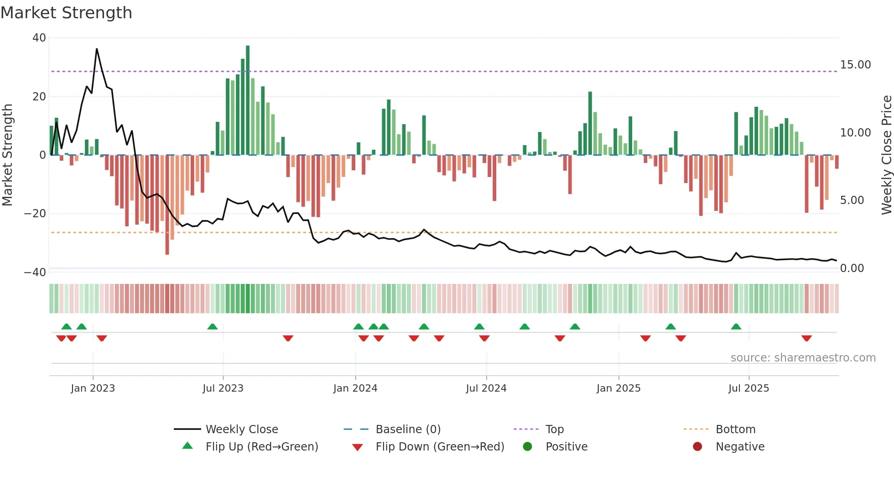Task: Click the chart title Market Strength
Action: (x=66, y=13)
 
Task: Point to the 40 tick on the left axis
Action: (x=39, y=38)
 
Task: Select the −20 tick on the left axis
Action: (x=35, y=214)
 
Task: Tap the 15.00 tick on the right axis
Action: (x=855, y=65)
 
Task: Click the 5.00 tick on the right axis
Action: (x=852, y=200)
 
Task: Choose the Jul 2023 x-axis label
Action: (x=223, y=388)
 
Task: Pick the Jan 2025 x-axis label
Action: (x=619, y=388)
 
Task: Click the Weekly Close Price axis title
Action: (x=886, y=155)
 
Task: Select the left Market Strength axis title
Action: (x=7, y=155)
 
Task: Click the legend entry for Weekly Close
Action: (x=241, y=430)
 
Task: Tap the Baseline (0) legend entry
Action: (x=408, y=430)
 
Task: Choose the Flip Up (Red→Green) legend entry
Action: (x=261, y=447)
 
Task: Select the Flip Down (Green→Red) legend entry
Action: (x=440, y=447)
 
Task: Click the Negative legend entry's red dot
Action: (x=697, y=447)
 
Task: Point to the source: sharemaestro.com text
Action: (x=803, y=358)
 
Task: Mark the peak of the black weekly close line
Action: (x=97, y=49)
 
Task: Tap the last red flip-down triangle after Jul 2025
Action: (x=806, y=338)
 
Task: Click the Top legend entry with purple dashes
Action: (x=554, y=430)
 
